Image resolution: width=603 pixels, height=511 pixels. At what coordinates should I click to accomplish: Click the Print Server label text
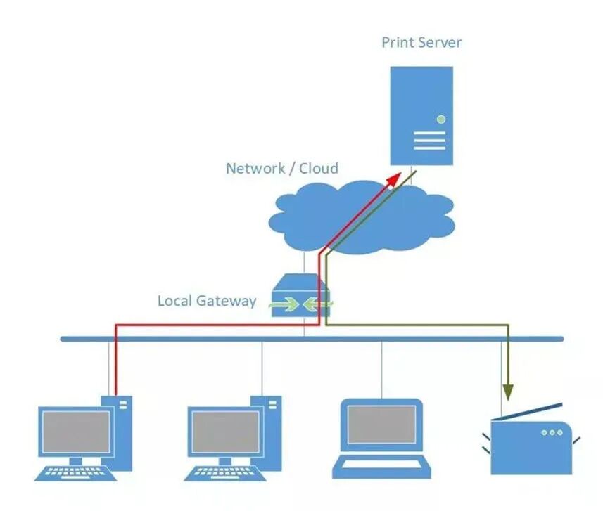coord(421,42)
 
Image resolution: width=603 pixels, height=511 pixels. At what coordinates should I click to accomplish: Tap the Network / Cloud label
coord(282,168)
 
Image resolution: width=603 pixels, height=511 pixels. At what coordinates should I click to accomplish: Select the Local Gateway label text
coord(207,301)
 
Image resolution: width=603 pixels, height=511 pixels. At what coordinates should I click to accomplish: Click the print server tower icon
coord(421,116)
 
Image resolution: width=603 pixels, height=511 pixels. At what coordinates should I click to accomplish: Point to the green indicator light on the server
coord(441,119)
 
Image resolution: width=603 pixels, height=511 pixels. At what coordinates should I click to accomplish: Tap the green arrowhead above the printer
coord(509,392)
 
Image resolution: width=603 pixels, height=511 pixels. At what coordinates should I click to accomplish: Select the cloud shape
coord(362,217)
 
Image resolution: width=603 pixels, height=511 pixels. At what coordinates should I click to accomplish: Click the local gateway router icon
coord(300,295)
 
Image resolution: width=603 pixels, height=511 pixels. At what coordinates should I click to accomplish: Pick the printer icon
coord(531,439)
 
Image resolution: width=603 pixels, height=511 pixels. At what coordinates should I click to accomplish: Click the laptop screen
coord(381,425)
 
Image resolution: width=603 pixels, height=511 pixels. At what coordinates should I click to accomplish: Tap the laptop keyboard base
coord(381,467)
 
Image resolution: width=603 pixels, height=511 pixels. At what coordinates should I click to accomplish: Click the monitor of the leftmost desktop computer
coord(76,432)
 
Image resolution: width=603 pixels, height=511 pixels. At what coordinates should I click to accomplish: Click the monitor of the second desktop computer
coord(225,432)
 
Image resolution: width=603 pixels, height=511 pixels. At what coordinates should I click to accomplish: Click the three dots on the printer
coord(552,432)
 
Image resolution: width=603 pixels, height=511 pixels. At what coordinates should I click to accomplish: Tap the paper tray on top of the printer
coord(527,411)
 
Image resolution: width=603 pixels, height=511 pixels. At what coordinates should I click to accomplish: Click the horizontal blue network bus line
coord(312,339)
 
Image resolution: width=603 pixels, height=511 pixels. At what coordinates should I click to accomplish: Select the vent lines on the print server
coord(429,141)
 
